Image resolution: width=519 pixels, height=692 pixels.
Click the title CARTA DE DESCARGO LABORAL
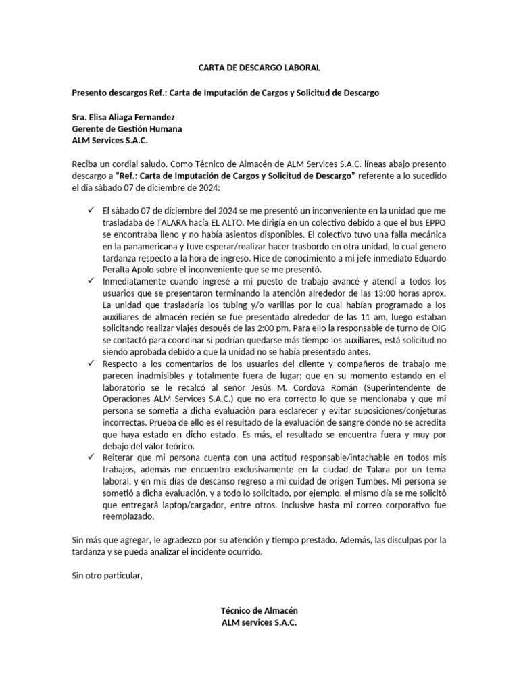tap(259, 68)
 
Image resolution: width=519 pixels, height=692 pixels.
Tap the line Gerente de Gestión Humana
tap(126, 128)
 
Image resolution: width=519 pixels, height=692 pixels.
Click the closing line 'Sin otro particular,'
tap(107, 576)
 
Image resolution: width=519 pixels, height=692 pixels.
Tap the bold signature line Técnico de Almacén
tap(259, 610)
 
